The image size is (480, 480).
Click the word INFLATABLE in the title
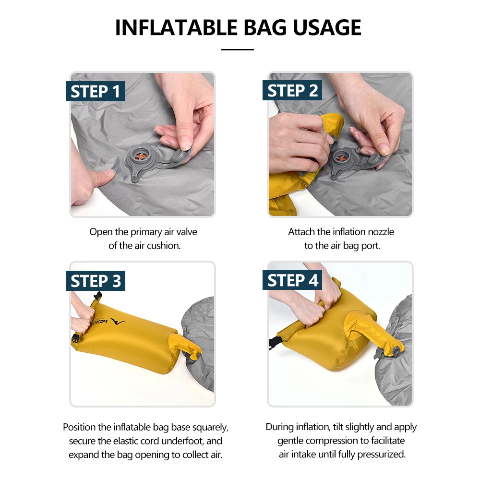(176, 27)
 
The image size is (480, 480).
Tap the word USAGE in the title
(327, 27)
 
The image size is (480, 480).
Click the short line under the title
(238, 49)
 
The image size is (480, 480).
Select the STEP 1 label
(96, 91)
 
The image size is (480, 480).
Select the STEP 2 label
(292, 90)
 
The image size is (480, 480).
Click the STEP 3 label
(96, 281)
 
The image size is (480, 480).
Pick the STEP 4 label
(292, 280)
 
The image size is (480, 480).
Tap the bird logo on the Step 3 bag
(118, 322)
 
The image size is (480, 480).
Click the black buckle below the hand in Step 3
(76, 339)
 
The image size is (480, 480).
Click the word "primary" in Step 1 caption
(146, 232)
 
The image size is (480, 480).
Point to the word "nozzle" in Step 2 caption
(381, 232)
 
